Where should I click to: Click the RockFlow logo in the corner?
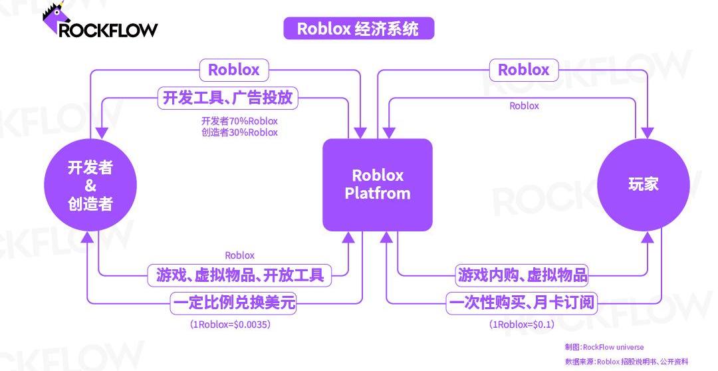100,23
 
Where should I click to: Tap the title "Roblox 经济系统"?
358,29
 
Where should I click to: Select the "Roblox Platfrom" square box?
378,185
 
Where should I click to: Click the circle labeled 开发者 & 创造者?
90,185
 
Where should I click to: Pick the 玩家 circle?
643,184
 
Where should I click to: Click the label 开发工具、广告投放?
227,98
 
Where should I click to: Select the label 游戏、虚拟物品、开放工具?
239,275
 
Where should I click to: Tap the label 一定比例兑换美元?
233,304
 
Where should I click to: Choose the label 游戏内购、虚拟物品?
523,275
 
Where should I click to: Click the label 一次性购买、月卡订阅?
521,304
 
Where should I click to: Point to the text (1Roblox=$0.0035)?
231,324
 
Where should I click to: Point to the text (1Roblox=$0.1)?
521,324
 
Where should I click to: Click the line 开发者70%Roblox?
239,121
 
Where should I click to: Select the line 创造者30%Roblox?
239,132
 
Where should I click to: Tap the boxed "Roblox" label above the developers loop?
233,70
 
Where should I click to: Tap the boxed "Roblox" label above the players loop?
523,70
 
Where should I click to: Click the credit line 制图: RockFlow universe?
604,347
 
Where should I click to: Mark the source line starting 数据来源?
626,362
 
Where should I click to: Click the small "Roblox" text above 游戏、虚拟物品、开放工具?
239,255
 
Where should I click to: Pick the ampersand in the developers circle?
90,186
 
